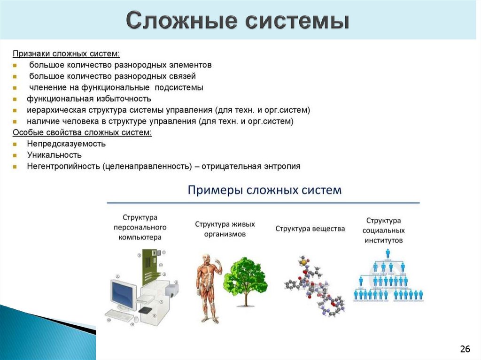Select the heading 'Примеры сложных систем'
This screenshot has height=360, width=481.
265,190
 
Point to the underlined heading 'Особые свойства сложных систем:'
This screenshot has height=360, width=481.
82,133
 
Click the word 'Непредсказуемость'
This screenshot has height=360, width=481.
66,144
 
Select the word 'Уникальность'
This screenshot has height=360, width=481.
54,155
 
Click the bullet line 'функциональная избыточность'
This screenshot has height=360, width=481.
89,99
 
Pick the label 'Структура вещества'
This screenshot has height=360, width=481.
310,229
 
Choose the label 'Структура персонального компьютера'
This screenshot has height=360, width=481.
140,227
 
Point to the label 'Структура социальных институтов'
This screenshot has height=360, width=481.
384,230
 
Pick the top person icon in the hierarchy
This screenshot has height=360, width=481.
388,253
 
